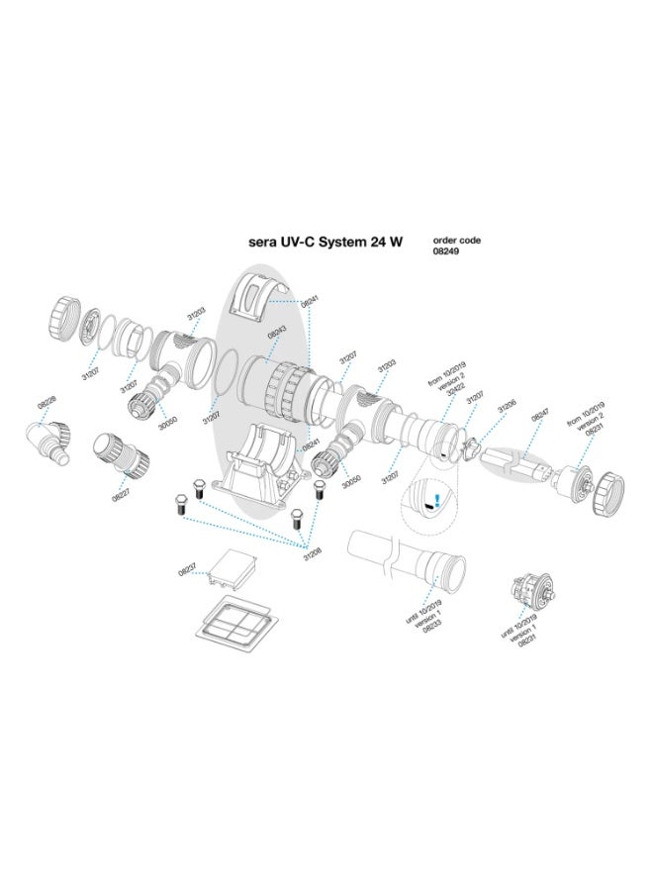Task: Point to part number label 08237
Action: (x=186, y=571)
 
